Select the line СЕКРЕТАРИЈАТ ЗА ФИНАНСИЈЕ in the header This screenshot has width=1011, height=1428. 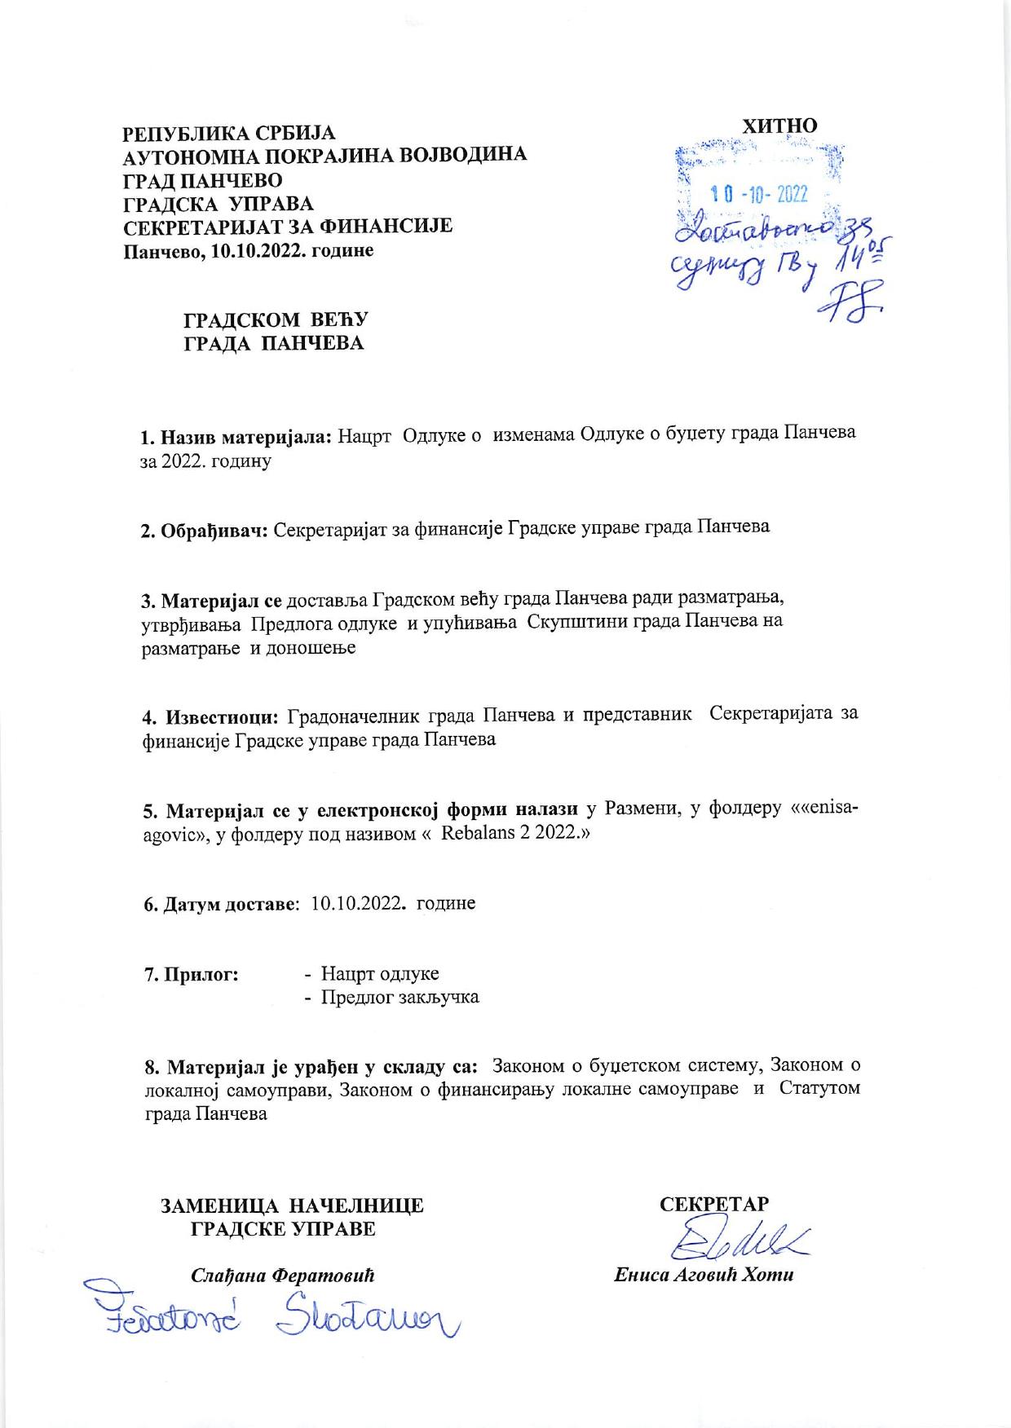(287, 225)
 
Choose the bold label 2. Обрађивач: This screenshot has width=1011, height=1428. (205, 529)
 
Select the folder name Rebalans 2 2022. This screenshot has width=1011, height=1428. (509, 835)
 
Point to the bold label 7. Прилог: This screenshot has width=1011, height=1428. (191, 974)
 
